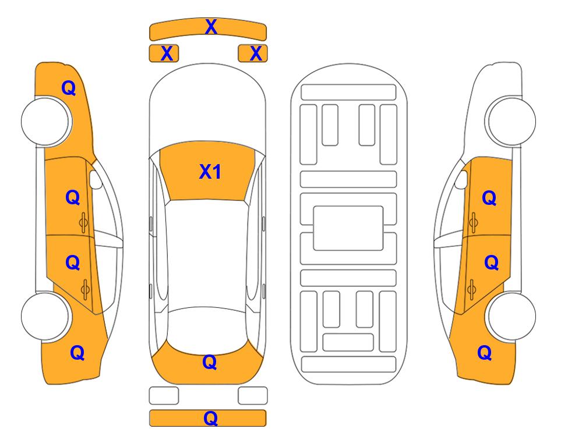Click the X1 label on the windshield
[x=210, y=172]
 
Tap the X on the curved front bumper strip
[x=211, y=27]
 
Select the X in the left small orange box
[x=167, y=54]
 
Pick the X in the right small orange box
[x=256, y=54]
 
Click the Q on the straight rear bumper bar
[x=210, y=418]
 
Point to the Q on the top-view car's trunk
[x=210, y=362]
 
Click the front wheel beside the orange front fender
[x=45, y=122]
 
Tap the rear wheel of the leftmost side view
[x=45, y=316]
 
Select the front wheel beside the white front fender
[x=511, y=121]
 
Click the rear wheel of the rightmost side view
[x=511, y=316]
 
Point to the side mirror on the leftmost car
[x=96, y=179]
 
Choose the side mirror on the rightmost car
[x=461, y=179]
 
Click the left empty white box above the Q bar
[x=164, y=396]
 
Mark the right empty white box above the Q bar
[x=253, y=396]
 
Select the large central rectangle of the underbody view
[x=348, y=228]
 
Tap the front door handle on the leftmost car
[x=84, y=222]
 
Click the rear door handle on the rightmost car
[x=472, y=289]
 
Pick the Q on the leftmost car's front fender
[x=69, y=88]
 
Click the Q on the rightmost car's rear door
[x=492, y=263]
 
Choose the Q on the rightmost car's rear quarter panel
[x=485, y=353]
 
